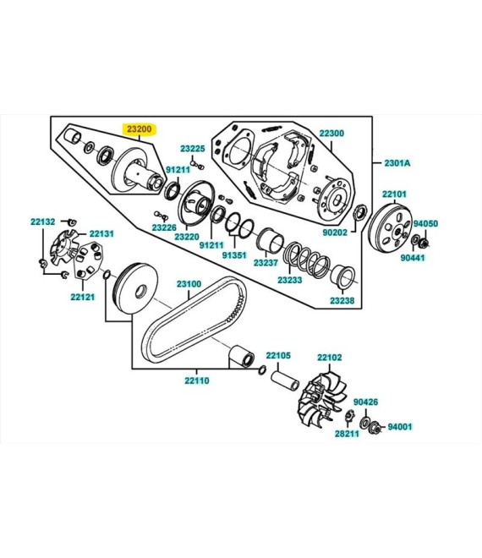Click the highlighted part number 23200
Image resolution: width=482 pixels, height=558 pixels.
click(x=140, y=129)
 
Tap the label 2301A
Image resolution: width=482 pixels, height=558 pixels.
click(x=397, y=163)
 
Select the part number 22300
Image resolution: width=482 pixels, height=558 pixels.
click(x=331, y=133)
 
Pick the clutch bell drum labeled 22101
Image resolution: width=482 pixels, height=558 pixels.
click(x=390, y=227)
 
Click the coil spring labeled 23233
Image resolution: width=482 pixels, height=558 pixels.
click(x=307, y=261)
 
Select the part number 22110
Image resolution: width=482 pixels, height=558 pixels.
click(x=197, y=380)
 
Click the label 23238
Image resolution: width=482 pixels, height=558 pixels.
click(x=342, y=300)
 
